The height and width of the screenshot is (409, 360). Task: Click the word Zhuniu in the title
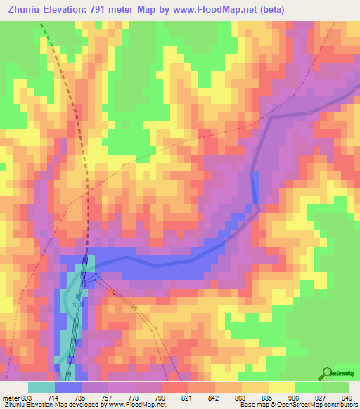[27, 9]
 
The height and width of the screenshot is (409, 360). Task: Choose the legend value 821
[186, 398]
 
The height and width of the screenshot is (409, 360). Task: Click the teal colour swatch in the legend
[41, 387]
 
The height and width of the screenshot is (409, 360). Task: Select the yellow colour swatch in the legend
[281, 387]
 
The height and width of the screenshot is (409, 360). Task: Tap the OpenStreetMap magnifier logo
[327, 373]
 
